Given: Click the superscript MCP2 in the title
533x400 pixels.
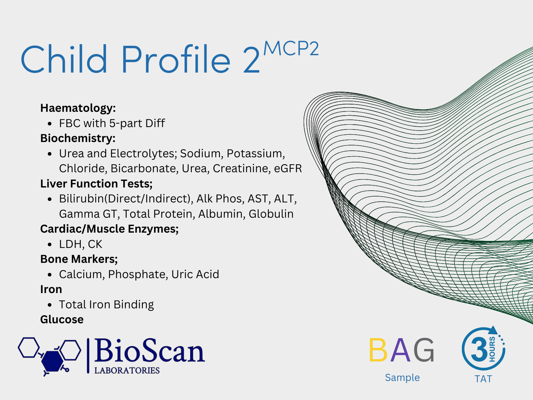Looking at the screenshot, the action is tap(291, 48).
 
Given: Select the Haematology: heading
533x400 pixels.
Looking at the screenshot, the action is tap(78, 108).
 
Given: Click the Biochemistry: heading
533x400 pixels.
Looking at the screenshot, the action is tap(78, 138).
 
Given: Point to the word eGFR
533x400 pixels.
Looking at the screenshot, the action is tap(288, 168).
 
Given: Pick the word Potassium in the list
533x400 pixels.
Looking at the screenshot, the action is tap(256, 153).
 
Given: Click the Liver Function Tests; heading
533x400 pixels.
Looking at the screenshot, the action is tap(96, 184).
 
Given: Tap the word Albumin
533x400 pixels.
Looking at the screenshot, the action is tap(222, 214).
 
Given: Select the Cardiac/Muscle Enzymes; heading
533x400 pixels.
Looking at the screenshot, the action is tap(109, 229).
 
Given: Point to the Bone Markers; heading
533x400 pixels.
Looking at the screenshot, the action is tap(79, 259).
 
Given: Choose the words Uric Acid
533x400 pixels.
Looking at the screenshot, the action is tap(195, 274).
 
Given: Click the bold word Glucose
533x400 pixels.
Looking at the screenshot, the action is tap(62, 319).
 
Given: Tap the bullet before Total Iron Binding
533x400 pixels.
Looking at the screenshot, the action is tap(50, 305).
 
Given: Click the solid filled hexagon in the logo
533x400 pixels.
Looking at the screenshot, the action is tap(52, 361).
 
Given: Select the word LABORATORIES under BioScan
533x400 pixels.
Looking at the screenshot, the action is tap(127, 370).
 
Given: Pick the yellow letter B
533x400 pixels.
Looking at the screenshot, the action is tap(378, 350).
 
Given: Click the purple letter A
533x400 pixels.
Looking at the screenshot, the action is tap(401, 350).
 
